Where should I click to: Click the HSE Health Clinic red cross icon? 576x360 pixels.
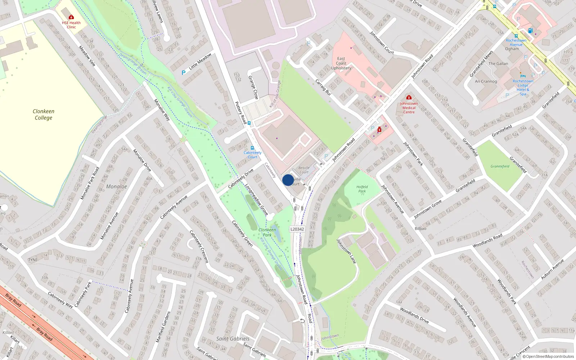pos(71,17)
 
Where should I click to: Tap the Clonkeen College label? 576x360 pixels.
pos(44,114)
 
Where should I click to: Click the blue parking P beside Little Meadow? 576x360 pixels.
pos(184,72)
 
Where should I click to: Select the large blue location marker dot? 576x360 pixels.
pos(288,180)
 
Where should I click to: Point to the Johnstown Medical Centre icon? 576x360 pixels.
pos(409,98)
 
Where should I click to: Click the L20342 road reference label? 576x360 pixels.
pos(297,229)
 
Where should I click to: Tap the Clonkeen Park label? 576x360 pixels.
pos(267,232)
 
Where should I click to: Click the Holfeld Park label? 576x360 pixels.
pos(362,189)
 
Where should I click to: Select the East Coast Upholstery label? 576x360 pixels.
pos(341,63)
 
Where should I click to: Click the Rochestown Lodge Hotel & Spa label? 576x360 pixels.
pos(523,87)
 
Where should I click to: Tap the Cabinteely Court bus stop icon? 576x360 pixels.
pos(252,148)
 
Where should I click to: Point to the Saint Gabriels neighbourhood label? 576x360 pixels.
pos(233,338)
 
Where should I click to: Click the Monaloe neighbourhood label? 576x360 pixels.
pos(116,186)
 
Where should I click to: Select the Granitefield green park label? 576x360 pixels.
pos(500,166)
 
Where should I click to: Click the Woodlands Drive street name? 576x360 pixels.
pos(414,315)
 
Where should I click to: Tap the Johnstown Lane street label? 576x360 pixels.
pos(346,251)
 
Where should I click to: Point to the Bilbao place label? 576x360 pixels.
pos(420,228)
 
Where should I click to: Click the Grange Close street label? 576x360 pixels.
pos(253,87)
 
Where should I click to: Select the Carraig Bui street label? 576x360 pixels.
pos(323,87)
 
